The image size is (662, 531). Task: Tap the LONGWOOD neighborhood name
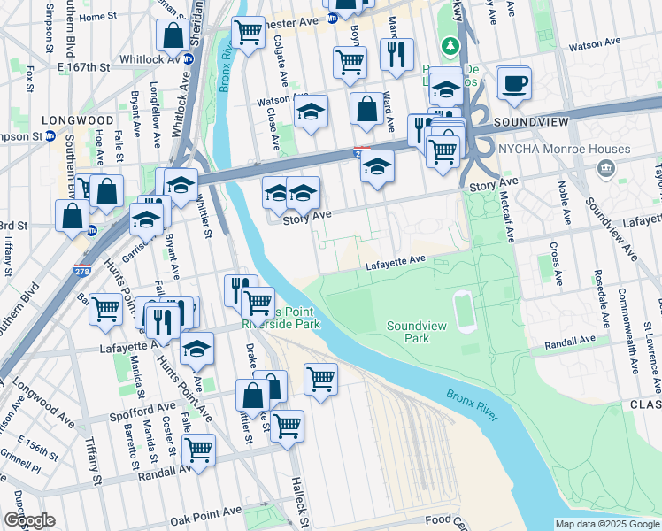point(77,119)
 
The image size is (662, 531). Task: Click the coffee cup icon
point(513,83)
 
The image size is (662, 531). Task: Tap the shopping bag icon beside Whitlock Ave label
point(172,36)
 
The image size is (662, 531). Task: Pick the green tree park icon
point(450,45)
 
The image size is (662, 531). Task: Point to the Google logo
point(29,520)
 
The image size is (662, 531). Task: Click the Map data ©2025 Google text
point(607,524)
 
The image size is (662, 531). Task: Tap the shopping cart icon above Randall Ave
point(198,450)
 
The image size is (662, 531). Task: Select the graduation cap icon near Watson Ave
point(311,113)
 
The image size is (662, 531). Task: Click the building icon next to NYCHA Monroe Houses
point(606,168)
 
